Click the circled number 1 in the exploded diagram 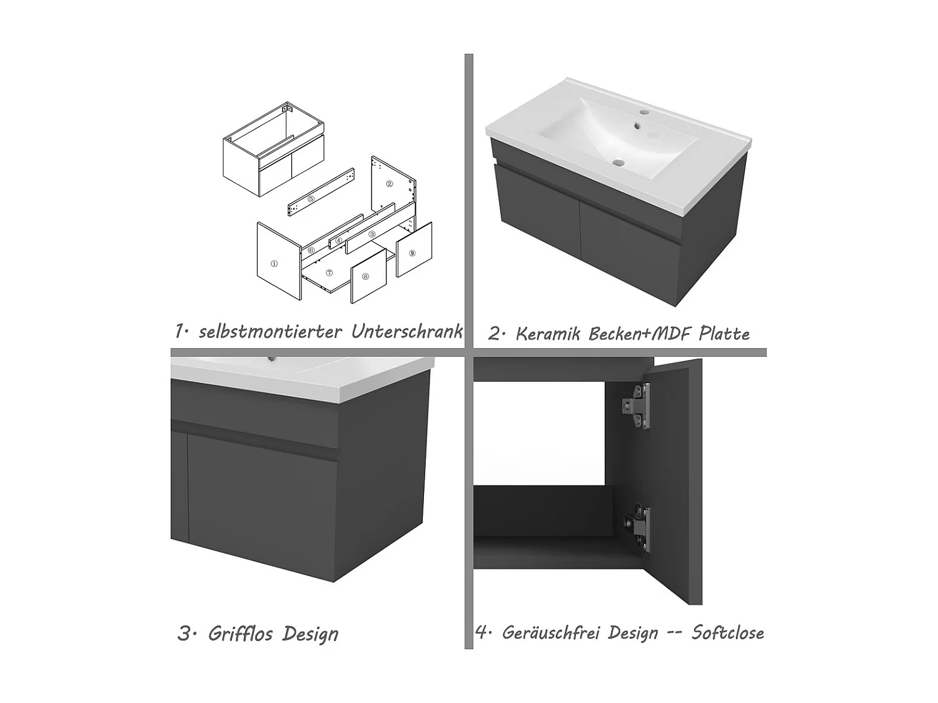click(x=275, y=263)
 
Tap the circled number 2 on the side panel click(x=390, y=184)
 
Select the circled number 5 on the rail click(x=311, y=199)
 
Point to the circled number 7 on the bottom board click(x=329, y=272)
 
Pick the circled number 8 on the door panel click(x=365, y=276)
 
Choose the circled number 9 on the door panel click(x=412, y=253)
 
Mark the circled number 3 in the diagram click(x=372, y=234)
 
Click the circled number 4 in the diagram click(x=339, y=241)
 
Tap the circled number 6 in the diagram click(x=311, y=250)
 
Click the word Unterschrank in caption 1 click(x=407, y=332)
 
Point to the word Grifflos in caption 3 click(x=240, y=634)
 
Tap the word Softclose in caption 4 click(x=728, y=632)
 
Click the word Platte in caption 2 click(x=724, y=334)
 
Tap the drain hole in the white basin click(x=618, y=162)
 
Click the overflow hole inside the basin click(x=637, y=126)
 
